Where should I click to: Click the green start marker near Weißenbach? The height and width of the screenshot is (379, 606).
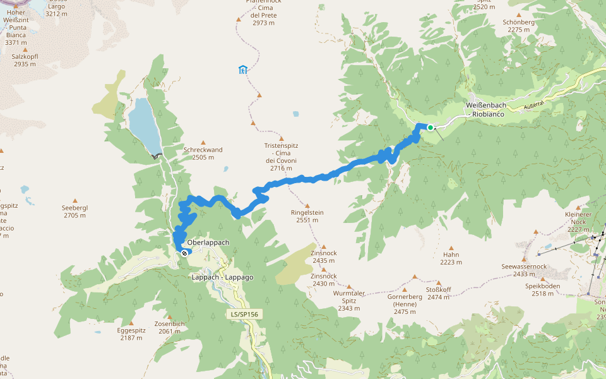431,128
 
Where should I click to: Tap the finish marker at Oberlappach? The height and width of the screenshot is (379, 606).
184,253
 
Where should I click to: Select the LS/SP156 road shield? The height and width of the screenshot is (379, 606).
244,314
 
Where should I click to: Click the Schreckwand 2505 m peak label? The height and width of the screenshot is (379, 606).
203,153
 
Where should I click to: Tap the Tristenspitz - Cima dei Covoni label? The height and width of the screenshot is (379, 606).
281,157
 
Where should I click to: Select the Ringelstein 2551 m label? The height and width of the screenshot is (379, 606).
307,216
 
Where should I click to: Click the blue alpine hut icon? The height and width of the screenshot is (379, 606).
242,69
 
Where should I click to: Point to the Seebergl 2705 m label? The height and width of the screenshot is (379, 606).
74,212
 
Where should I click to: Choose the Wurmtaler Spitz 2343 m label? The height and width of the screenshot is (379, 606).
348,301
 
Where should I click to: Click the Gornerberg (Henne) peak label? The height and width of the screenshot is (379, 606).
405,304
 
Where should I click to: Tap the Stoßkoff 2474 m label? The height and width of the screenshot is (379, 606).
438,293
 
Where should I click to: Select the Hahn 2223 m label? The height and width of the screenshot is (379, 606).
451,258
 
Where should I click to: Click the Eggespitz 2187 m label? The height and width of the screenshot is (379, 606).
131,334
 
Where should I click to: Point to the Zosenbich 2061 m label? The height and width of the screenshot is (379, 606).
169,327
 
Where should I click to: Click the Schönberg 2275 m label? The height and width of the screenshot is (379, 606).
519,25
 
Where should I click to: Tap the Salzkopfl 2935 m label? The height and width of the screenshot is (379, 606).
25,60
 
